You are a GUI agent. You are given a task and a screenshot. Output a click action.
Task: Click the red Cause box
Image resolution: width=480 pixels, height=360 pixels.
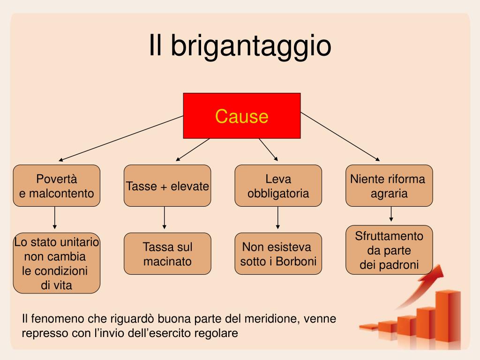[242, 116]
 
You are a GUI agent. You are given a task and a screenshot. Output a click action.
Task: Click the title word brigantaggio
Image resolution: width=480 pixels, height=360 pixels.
[251, 46]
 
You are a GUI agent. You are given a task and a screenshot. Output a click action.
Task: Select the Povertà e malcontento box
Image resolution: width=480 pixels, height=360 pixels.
[57, 186]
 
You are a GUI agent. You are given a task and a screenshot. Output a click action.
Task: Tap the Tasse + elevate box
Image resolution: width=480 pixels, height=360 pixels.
[167, 186]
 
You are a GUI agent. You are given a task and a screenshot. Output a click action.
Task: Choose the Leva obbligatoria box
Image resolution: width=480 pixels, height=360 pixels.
[278, 186]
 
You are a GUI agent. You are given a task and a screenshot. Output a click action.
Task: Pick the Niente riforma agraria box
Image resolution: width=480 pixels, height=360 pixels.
[389, 186]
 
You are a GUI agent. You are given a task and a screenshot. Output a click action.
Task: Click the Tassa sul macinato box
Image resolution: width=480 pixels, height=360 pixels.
[167, 254]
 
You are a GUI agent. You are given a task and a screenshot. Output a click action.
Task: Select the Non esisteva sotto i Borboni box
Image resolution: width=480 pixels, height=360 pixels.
[278, 254]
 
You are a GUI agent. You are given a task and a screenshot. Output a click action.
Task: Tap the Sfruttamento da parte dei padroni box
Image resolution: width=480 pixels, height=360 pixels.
[389, 250]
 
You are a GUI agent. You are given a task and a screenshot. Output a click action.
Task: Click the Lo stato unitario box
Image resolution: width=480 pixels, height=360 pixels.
[57, 263]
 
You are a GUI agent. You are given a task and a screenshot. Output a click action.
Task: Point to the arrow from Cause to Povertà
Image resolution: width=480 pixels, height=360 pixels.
[121, 138]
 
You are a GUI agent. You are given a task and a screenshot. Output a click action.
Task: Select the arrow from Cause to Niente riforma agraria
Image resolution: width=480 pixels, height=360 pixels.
[340, 136]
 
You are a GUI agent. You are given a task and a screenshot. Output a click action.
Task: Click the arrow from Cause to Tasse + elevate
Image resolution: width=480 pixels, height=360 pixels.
[193, 150]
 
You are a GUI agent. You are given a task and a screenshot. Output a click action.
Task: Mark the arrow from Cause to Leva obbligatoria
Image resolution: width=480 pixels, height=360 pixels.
[269, 150]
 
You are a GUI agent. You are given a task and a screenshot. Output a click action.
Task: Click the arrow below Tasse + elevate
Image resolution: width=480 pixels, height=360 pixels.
[165, 217]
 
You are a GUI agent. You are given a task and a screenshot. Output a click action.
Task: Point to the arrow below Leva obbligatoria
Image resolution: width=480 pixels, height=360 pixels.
[277, 217]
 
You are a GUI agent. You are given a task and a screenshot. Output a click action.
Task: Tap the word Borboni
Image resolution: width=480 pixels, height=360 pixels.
[296, 262]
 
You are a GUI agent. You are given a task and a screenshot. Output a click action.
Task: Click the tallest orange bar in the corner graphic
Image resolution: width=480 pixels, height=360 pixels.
[448, 318]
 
